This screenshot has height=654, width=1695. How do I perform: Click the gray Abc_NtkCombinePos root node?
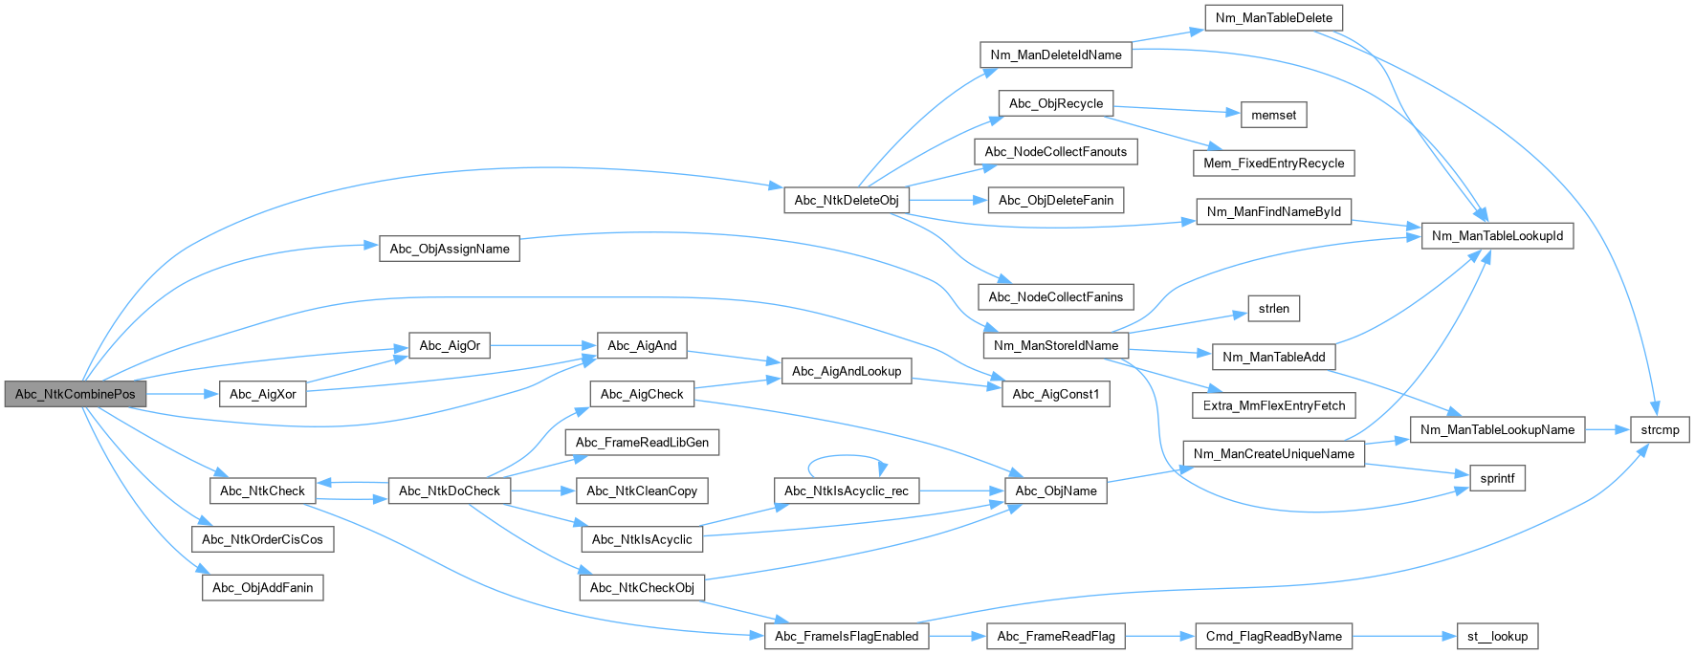75,394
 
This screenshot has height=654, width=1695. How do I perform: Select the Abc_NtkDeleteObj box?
847,200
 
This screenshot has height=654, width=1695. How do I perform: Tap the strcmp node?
1660,429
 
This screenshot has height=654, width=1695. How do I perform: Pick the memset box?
1273,115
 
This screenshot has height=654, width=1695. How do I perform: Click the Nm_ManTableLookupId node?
1497,235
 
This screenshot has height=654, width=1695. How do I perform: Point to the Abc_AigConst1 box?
1055,394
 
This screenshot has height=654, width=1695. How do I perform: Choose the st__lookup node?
1497,636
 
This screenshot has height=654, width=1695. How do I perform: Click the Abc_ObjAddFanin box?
262,587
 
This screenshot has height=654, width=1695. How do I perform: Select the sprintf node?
1497,478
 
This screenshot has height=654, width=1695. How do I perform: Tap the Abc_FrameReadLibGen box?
642,442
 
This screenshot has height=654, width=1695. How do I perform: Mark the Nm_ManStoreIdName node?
1055,345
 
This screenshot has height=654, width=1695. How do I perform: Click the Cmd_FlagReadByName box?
1273,636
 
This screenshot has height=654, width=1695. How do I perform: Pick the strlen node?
1273,308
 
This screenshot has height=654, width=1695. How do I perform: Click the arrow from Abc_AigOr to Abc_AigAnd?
543,345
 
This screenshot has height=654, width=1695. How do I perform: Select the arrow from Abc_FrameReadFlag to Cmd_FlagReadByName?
1160,636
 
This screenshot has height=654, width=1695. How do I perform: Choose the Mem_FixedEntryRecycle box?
1273,163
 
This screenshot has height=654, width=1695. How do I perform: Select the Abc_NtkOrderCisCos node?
262,539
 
